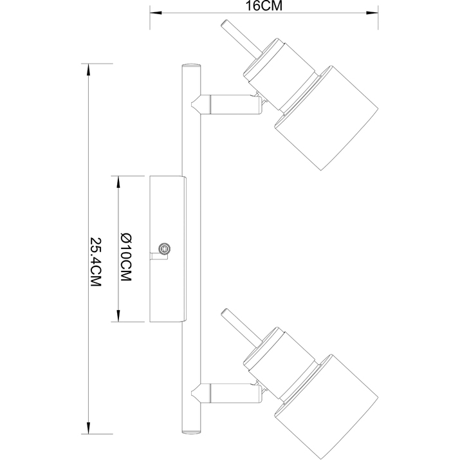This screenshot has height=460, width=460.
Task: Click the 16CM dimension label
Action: (x=264, y=6)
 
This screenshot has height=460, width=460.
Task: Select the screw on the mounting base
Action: (x=165, y=248)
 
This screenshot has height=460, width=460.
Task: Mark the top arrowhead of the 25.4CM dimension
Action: (x=87, y=68)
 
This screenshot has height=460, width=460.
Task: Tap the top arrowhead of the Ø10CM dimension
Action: (x=118, y=180)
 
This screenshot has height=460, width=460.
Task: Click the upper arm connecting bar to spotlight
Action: (x=228, y=103)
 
